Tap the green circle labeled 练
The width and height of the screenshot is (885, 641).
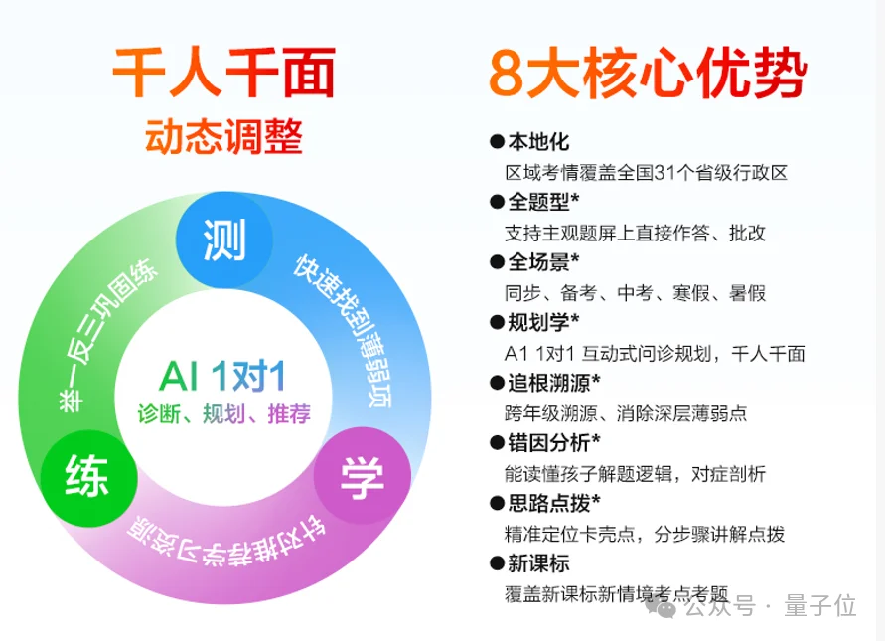tap(86, 477)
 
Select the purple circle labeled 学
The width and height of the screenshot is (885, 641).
tap(361, 478)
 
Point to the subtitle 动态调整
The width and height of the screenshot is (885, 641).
tap(223, 137)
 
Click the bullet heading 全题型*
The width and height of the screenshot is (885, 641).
tap(543, 203)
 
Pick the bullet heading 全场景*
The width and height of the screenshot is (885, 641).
tap(543, 263)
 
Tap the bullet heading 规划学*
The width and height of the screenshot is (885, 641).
tap(543, 323)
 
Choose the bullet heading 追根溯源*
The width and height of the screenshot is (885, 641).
tap(553, 383)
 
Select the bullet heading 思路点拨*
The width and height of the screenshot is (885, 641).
tap(553, 503)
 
